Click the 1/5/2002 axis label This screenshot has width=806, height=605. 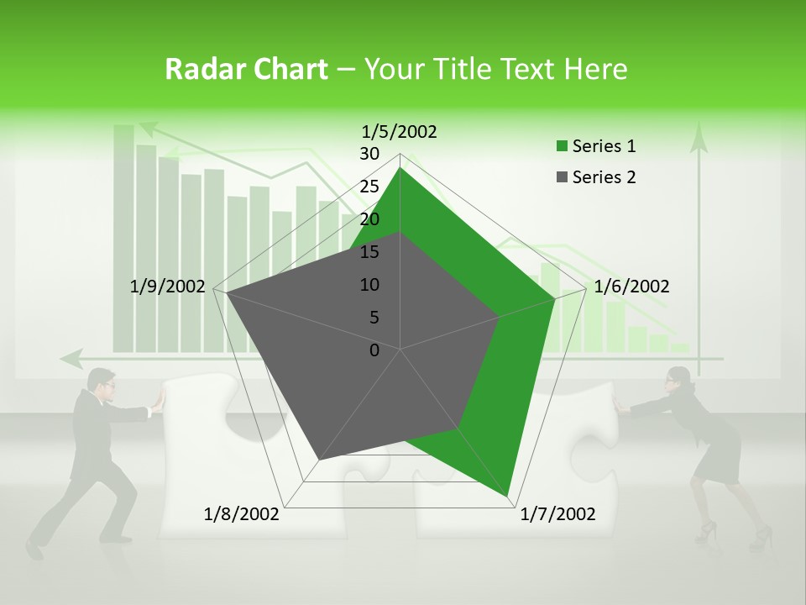[400, 131]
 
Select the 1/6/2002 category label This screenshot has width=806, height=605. [631, 287]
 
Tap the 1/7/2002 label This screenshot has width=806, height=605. [557, 513]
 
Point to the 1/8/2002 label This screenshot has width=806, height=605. [242, 513]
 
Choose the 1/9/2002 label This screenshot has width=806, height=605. [168, 287]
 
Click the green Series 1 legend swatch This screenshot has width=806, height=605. [562, 146]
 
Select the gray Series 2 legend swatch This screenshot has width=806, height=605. [562, 177]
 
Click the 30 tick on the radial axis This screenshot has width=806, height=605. [369, 154]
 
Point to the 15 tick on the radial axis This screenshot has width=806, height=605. [369, 252]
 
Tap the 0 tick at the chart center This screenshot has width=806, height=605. [374, 350]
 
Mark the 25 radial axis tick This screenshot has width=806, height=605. [369, 187]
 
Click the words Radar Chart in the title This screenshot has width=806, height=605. [246, 69]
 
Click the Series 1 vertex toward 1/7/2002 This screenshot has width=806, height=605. [509, 497]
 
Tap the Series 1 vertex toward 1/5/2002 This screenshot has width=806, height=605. [400, 168]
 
